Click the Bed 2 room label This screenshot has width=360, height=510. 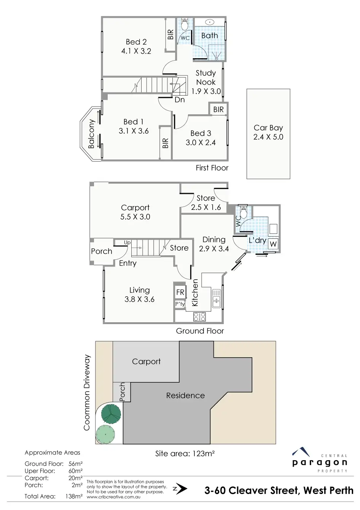point(136,42)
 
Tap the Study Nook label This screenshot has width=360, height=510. point(205,78)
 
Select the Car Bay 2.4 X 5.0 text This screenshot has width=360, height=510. point(268,132)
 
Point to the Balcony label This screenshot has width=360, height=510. point(91,134)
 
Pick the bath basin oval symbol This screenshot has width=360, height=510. point(210,22)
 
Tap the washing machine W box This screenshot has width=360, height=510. point(273,244)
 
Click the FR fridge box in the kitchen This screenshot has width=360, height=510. point(180,292)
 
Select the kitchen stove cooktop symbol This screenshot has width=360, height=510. point(199,317)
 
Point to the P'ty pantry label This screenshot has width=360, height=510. point(180,304)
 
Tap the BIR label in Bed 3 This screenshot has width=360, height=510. point(218,110)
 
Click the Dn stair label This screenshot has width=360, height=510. point(180,100)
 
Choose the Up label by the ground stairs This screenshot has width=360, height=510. point(127,243)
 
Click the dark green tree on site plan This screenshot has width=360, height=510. point(111,412)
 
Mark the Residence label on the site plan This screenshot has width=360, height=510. point(185,396)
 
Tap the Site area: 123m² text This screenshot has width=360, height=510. point(185,454)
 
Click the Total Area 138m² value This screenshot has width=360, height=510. point(74,496)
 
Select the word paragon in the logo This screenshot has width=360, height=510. point(320,463)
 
